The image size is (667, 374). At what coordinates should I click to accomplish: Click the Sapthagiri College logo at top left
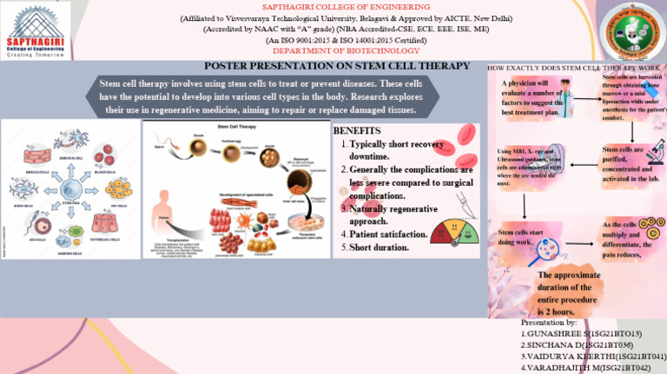click(32, 30)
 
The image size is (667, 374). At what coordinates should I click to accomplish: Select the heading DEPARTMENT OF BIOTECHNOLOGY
click(333, 50)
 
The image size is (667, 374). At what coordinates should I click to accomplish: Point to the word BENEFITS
click(357, 130)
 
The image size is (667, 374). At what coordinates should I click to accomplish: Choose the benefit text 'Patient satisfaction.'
click(388, 234)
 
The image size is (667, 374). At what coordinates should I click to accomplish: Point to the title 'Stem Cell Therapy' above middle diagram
click(237, 127)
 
